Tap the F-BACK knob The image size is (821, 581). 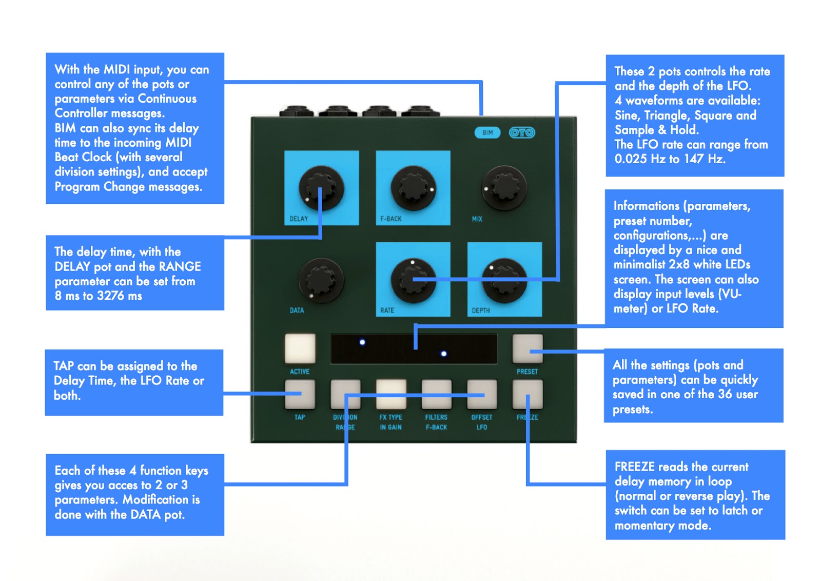(x=413, y=188)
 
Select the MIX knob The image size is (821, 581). (x=504, y=188)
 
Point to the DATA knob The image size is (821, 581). (x=321, y=280)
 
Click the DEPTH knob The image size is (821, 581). (x=504, y=280)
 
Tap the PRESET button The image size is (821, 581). (x=527, y=348)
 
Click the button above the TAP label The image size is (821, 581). (x=300, y=394)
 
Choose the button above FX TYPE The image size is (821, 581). (x=391, y=394)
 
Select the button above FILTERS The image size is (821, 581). (x=436, y=394)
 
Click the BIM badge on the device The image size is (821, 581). (x=487, y=133)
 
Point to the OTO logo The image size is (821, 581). (x=522, y=133)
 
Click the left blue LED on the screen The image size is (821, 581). (x=362, y=342)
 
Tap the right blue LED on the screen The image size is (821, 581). (x=444, y=354)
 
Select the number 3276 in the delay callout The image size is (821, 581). (x=110, y=296)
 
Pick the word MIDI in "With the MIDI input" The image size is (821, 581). (x=116, y=69)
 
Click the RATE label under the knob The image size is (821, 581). (x=387, y=311)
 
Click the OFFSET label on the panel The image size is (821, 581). (x=481, y=417)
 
